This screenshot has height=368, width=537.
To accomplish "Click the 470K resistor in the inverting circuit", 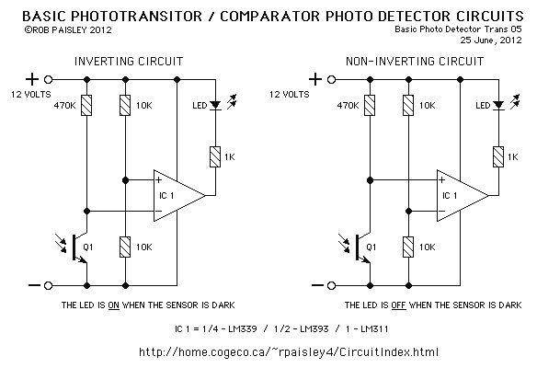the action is pos(86,105).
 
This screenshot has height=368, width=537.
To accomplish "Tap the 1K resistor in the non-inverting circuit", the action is pos(498,157).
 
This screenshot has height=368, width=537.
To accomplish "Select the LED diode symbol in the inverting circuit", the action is pos(215,105).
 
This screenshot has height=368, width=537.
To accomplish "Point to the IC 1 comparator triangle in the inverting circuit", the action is pos(177,196).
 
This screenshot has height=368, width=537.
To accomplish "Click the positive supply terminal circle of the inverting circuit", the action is pos(49,80).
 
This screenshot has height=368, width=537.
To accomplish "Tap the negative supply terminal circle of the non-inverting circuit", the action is pos(331,285).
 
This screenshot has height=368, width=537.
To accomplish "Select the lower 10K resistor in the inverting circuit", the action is pos(125,247).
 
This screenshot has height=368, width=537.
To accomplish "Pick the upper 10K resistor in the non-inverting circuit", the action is pos(408,105).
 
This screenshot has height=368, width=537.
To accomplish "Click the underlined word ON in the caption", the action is pos(114,305).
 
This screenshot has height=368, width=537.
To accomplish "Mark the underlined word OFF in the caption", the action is pos(398,305).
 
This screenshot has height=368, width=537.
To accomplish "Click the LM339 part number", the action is pos(243,329).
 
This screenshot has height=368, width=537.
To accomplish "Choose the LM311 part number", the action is pos(374,329).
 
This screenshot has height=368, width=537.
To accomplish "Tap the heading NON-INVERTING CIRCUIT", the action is pos(415,62).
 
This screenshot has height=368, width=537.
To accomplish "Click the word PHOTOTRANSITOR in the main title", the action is pos(137,17).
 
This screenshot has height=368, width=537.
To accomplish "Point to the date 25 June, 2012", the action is pos(491,40).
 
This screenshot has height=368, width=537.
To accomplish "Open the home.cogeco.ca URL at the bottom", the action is pos(289,352).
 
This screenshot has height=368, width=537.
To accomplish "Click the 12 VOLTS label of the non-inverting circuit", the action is pos(290,94).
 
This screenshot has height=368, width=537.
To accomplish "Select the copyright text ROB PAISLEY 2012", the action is pos(68,30).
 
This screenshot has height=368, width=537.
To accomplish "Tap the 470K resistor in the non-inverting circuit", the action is pos(370,105).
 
